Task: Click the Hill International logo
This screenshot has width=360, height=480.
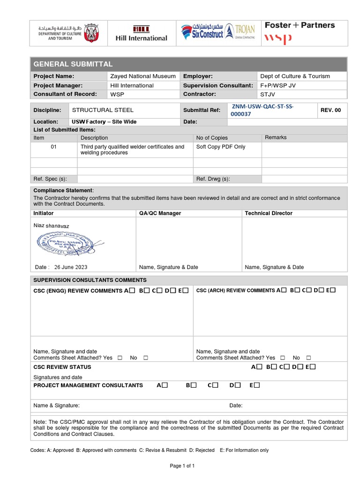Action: (x=141, y=33)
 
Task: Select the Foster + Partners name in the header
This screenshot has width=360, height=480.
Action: (x=300, y=25)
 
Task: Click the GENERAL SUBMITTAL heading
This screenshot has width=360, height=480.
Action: (x=73, y=64)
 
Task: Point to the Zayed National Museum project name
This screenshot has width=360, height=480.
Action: (x=142, y=76)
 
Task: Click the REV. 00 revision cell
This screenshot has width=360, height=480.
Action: (x=331, y=110)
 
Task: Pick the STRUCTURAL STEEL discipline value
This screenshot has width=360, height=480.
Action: (x=102, y=110)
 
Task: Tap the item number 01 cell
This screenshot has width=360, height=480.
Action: (x=53, y=147)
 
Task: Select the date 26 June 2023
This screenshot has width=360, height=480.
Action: (x=70, y=267)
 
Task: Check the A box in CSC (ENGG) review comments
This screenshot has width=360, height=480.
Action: (x=132, y=291)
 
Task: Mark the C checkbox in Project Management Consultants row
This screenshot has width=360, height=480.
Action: (x=215, y=385)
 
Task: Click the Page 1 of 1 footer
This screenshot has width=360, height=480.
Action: (x=182, y=466)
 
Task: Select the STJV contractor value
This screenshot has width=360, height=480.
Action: (x=268, y=94)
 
